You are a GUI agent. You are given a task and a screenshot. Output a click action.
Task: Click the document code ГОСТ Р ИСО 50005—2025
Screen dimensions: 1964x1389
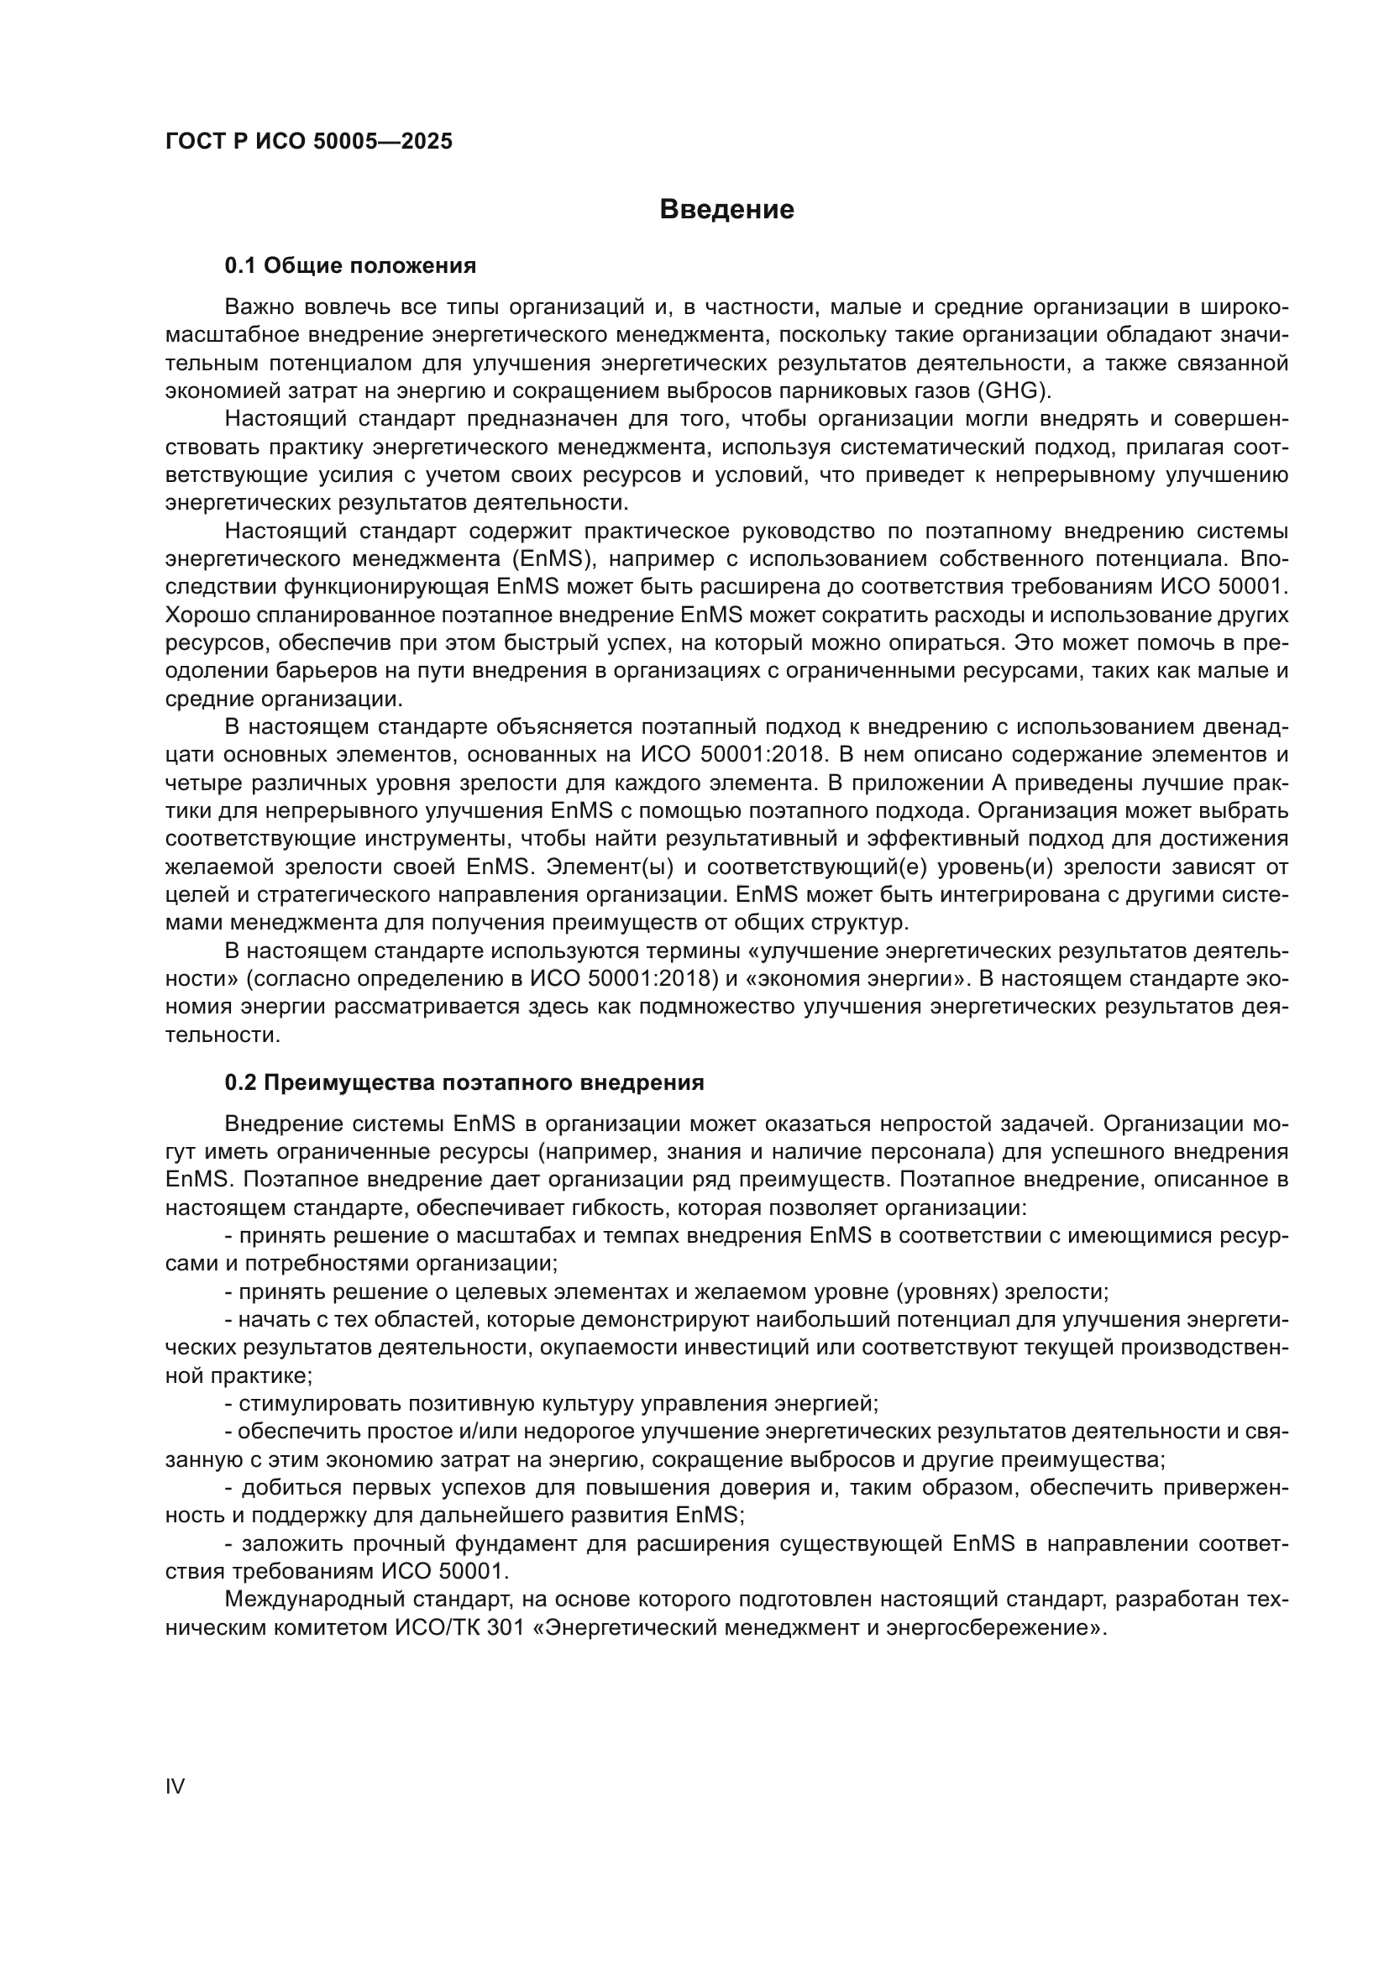pyautogui.click(x=309, y=142)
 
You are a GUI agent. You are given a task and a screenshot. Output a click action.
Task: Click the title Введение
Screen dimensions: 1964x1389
pyautogui.click(x=726, y=210)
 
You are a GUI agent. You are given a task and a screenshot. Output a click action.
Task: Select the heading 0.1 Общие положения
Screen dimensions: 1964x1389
pyautogui.click(x=350, y=266)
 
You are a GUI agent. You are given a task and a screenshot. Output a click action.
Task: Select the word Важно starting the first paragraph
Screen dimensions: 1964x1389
pyautogui.click(x=259, y=307)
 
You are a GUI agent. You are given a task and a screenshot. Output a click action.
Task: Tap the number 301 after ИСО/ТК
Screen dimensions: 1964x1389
pyautogui.click(x=506, y=1628)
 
